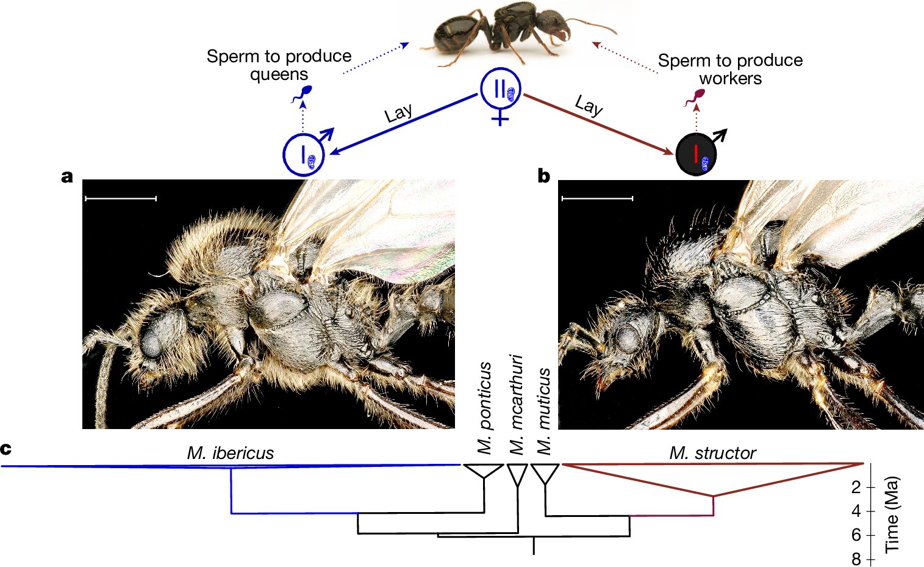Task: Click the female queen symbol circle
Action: coord(500,89)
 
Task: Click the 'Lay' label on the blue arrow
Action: coord(398,114)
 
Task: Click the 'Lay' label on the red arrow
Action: coord(589,105)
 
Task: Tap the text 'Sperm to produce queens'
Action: coord(279,65)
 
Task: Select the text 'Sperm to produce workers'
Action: coord(730,69)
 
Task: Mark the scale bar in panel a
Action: coord(121,198)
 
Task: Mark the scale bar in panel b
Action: coord(596,198)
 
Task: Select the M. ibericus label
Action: coord(230,453)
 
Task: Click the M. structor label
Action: coord(712,453)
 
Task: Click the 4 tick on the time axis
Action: coord(856,511)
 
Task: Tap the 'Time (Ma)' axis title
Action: coord(892,514)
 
